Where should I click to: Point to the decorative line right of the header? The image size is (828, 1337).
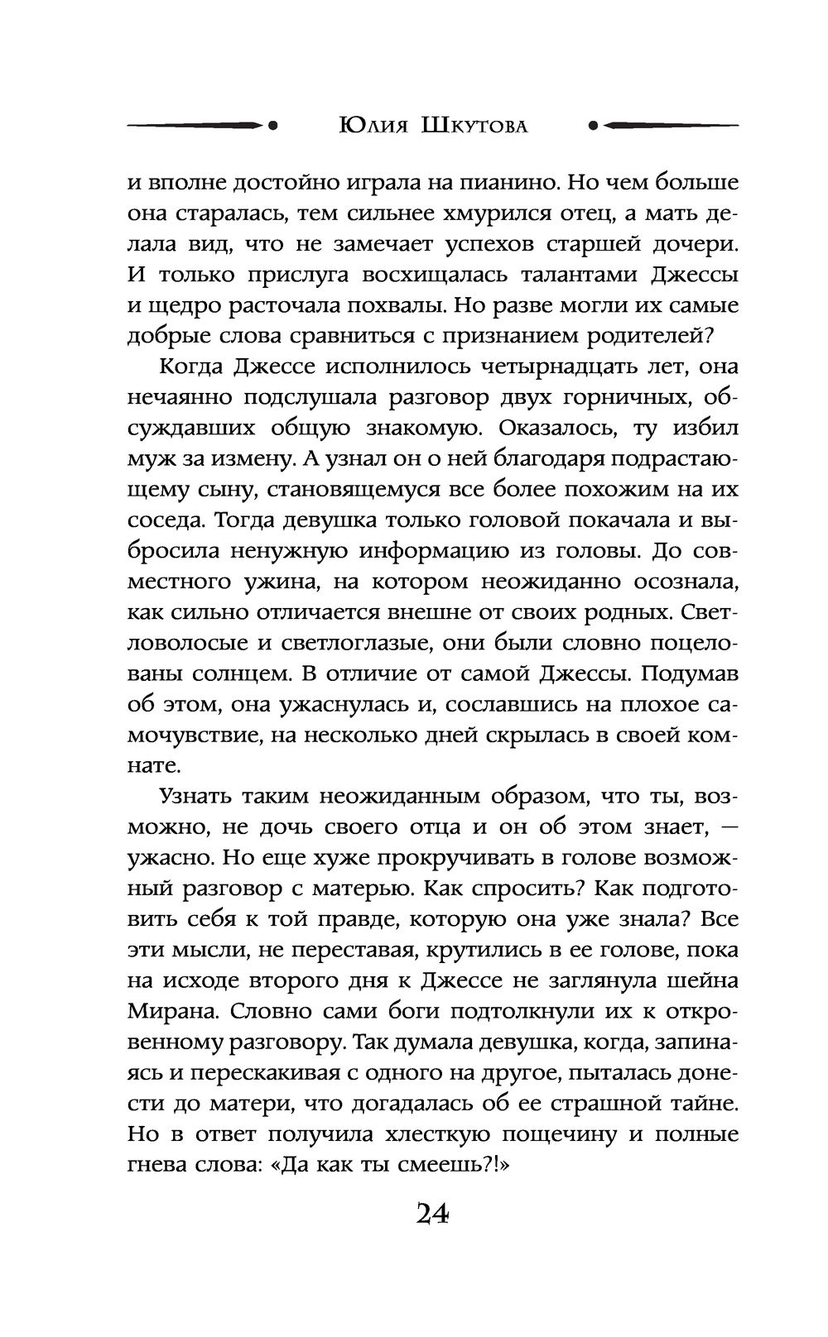(662, 126)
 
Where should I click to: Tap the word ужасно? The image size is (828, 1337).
(168, 858)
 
